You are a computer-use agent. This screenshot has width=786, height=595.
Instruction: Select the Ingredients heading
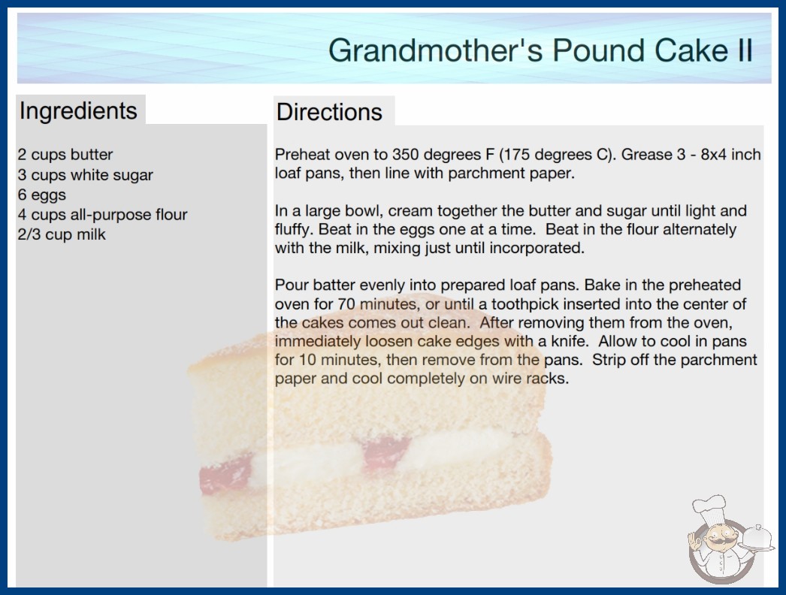coord(78,111)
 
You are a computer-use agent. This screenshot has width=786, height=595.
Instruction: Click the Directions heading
coord(329,112)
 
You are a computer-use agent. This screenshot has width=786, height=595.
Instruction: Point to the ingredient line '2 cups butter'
coord(65,155)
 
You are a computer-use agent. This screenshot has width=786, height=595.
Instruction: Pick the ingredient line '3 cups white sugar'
coord(85,175)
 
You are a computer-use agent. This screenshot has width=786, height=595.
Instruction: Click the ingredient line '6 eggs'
coord(41,195)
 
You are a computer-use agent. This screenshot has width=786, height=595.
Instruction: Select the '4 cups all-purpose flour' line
coord(102,215)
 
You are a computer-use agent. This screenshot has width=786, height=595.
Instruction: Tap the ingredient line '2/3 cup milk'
coord(62,234)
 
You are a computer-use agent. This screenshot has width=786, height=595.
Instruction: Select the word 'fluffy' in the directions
coord(293,230)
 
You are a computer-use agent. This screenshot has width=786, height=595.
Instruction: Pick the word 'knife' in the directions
coord(568,341)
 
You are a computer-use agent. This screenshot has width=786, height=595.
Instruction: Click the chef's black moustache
coord(718,542)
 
